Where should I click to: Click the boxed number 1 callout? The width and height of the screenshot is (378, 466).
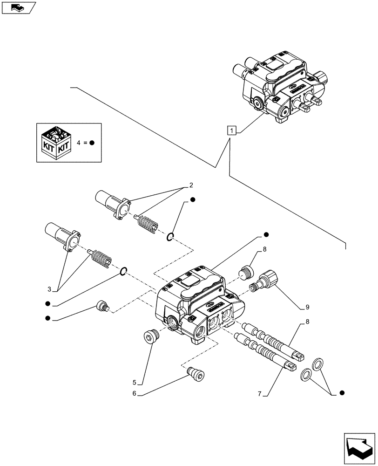[x=232, y=130]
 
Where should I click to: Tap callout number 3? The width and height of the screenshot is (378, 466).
[x=55, y=288]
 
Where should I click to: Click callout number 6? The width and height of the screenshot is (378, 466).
[x=135, y=394]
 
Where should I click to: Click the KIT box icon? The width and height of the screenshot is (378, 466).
[x=55, y=142]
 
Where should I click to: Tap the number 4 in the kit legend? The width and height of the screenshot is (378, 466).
[x=78, y=143]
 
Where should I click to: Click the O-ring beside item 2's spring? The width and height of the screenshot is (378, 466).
[x=170, y=238]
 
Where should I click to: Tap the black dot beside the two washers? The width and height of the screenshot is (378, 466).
[x=342, y=393]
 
